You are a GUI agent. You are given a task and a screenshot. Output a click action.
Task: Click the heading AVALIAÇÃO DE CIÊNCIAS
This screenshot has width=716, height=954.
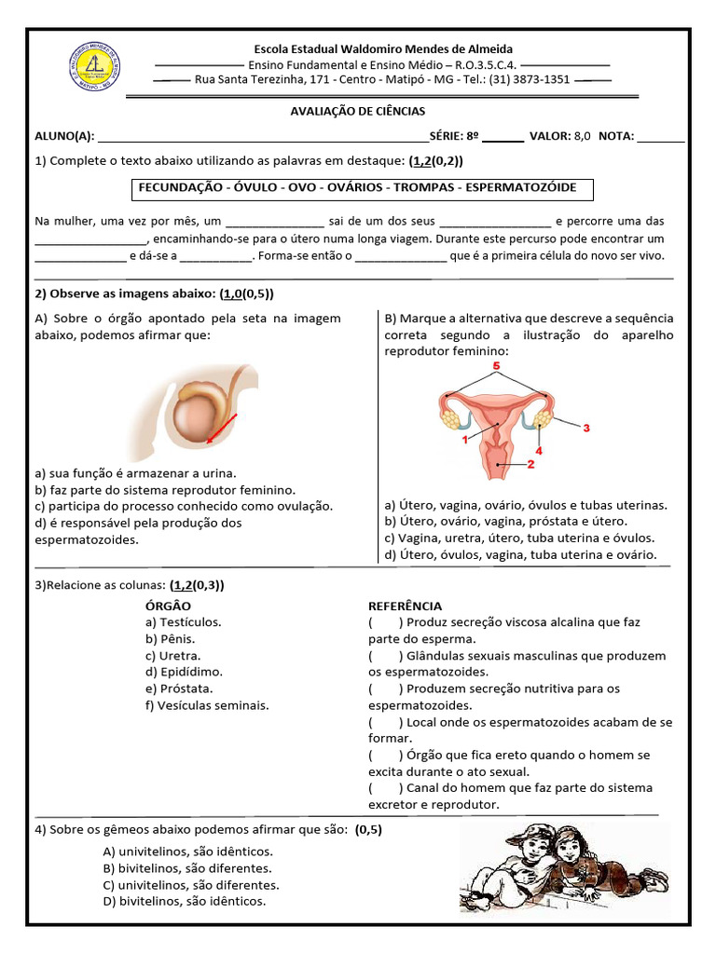(x=359, y=111)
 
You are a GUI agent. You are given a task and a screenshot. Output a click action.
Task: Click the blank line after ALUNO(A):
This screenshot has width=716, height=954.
(x=261, y=137)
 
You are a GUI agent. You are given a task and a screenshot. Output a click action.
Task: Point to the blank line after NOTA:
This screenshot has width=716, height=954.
(x=661, y=137)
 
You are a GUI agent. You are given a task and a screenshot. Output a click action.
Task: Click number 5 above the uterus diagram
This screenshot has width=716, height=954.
(x=496, y=367)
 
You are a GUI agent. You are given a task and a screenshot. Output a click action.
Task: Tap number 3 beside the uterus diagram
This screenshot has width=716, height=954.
(x=586, y=429)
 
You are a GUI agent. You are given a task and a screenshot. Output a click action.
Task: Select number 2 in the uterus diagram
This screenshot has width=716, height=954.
(x=530, y=463)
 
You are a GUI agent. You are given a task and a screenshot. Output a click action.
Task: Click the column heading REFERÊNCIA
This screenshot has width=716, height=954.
(x=405, y=606)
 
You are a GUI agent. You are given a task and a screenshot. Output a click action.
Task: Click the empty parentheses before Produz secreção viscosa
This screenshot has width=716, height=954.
(x=385, y=622)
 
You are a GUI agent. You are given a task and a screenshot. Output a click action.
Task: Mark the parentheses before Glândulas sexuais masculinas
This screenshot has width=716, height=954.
(x=385, y=656)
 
